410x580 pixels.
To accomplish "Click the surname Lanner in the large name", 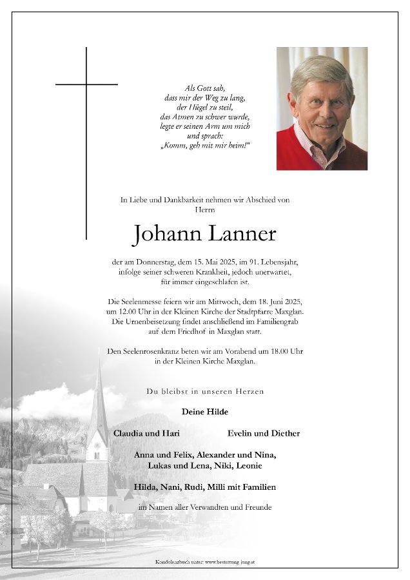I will coord(241,235).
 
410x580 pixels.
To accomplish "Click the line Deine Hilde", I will coord(205,412).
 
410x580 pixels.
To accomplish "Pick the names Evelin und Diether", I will coord(264,433).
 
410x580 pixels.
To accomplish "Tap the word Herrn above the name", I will coord(204,209).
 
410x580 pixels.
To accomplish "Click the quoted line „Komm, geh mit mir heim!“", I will coord(204,146).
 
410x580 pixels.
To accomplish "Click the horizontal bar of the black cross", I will coord(86,84).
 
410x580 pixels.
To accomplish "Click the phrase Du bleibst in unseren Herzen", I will coord(205,391).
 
